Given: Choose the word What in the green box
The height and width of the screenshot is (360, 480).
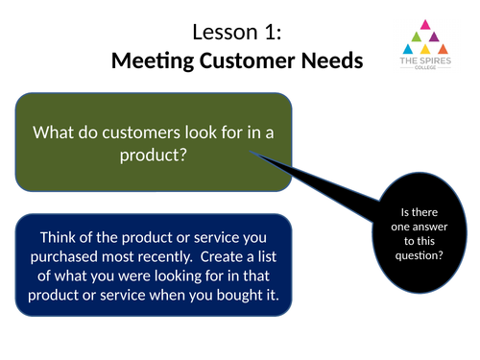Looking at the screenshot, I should point(54,132).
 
